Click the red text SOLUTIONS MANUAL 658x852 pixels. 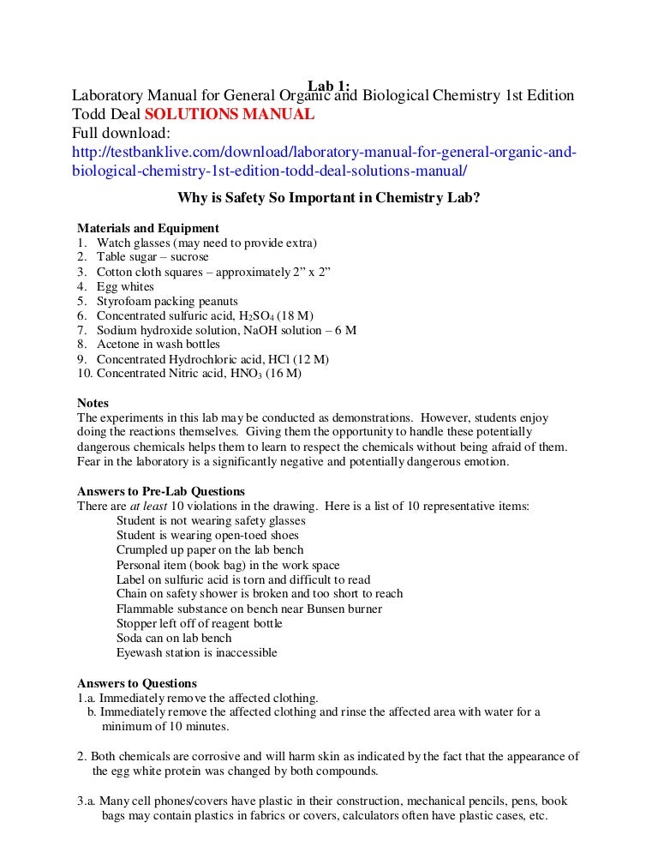229,114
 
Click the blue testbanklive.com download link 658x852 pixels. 324,153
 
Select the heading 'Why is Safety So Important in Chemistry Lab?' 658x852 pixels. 328,198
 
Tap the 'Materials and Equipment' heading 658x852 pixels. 147,228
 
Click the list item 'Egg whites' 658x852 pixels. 125,286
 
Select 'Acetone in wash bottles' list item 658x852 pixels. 158,345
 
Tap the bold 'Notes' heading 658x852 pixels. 93,403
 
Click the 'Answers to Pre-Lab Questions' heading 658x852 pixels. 161,491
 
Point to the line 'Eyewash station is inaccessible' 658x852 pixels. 196,652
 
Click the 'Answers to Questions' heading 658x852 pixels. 137,683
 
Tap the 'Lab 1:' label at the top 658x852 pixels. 329,85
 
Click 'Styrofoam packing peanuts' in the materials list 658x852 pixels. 167,301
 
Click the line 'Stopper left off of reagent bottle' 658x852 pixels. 199,623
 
